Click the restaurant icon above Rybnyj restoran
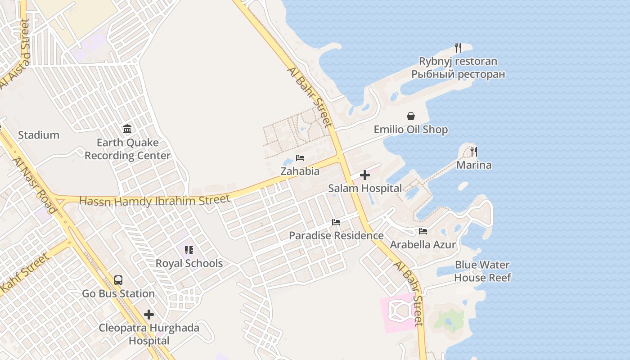pos(458,47)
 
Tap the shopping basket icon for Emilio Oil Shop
pos(411,117)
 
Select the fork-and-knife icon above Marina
pos(473,151)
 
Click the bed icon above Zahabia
pos(300,158)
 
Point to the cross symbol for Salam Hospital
pos(365,175)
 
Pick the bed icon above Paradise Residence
pos(336,222)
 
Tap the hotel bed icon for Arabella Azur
pos(423,231)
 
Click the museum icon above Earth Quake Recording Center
pos(127,129)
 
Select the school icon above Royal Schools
pos(189,250)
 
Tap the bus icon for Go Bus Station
pos(118,280)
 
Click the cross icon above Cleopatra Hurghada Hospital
pos(149,314)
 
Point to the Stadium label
pos(39,135)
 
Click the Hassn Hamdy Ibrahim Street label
pos(155,200)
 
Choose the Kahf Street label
pos(25,273)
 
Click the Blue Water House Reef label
pos(482,271)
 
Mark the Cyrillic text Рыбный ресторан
pos(458,74)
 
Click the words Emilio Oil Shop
pos(411,130)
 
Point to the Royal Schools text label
pos(189,263)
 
